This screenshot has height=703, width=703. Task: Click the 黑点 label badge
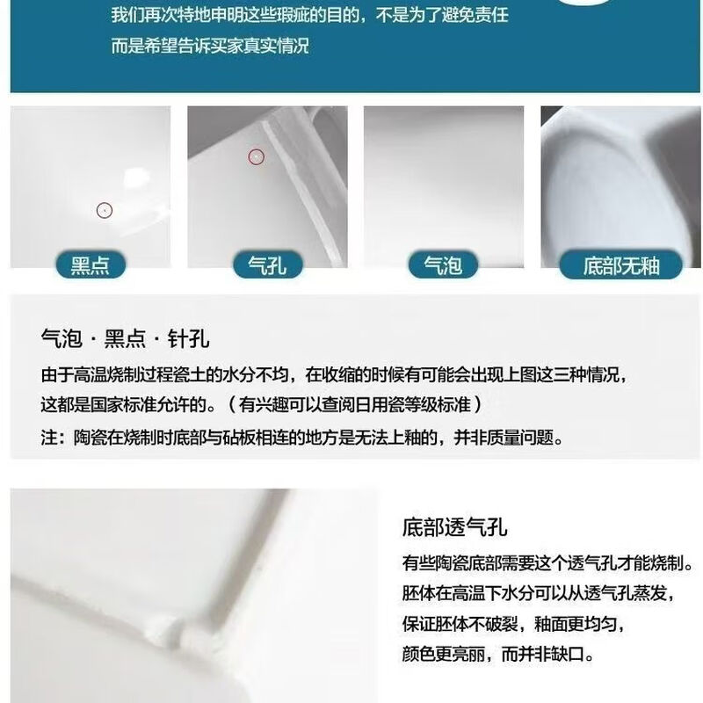[91, 265]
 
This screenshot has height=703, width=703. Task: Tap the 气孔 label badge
[267, 265]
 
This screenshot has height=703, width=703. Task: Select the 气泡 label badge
[443, 265]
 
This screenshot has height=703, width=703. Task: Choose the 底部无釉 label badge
[620, 265]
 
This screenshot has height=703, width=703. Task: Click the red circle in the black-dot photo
[105, 211]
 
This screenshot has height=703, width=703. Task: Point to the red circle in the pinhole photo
[256, 156]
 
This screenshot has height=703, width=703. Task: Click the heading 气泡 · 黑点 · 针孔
[126, 339]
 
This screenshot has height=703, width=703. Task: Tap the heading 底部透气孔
[455, 528]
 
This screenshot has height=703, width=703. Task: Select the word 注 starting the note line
[48, 437]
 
